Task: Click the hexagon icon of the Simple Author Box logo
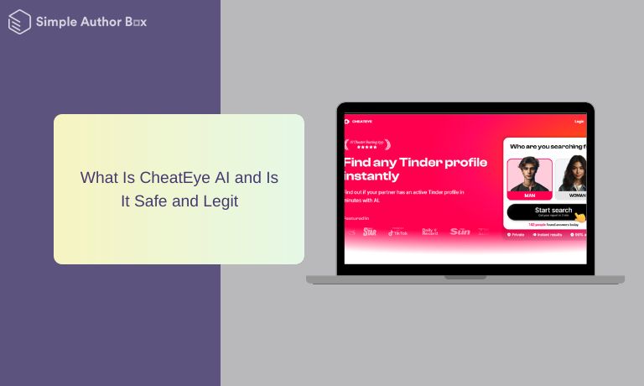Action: pyautogui.click(x=19, y=22)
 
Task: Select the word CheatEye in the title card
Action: pyautogui.click(x=174, y=178)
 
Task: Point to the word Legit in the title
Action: pyautogui.click(x=220, y=201)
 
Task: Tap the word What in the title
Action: pyautogui.click(x=99, y=178)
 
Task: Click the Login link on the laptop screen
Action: pyautogui.click(x=579, y=122)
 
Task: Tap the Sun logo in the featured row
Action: pyautogui.click(x=460, y=232)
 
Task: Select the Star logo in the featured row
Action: pyautogui.click(x=369, y=232)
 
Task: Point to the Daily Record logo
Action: pyautogui.click(x=429, y=232)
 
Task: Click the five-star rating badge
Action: pyautogui.click(x=367, y=144)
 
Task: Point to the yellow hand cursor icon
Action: pyautogui.click(x=580, y=218)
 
